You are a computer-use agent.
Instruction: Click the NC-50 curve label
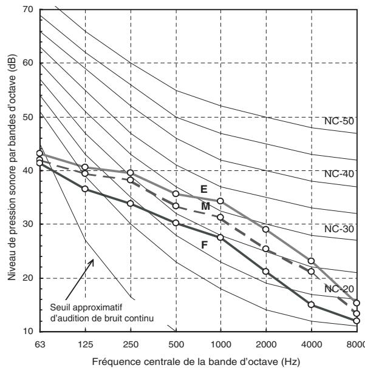[x=339, y=121]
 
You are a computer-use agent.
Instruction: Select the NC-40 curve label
[x=339, y=174]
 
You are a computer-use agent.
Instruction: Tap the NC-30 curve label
[x=339, y=229]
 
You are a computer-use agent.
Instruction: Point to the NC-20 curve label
[x=339, y=289]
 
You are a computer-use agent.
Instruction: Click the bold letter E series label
[x=204, y=189]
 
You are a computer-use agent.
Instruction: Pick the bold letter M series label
[x=205, y=206]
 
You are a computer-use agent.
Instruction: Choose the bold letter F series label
[x=205, y=245]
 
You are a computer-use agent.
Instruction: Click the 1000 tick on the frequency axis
[x=220, y=344]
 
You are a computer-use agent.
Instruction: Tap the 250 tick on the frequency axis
[x=131, y=344]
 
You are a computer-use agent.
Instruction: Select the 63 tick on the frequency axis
[x=40, y=344]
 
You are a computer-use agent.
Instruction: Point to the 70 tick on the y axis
[x=29, y=9]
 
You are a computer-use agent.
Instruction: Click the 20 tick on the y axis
[x=29, y=278]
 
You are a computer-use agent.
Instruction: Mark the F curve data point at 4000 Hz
[x=311, y=304]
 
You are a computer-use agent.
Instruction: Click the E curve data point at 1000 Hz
[x=220, y=201]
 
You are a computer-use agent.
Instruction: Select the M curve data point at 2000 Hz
[x=266, y=249]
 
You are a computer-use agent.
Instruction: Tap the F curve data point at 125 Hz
[x=85, y=189]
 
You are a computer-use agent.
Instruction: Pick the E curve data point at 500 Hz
[x=176, y=193]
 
